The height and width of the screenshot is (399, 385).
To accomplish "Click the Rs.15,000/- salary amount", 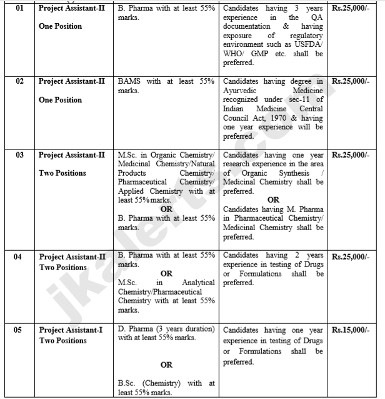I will tap(351, 329).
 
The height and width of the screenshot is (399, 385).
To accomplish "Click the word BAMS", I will tap(129, 81).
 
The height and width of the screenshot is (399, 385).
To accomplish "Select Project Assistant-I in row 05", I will tap(70, 330).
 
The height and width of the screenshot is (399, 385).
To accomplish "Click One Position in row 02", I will tap(60, 100).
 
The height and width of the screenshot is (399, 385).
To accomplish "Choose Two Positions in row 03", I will tap(62, 173).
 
